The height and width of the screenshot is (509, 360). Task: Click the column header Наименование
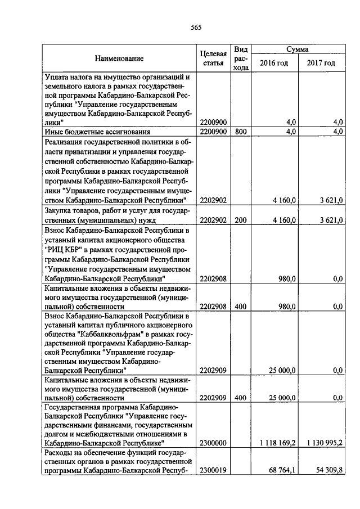point(119,58)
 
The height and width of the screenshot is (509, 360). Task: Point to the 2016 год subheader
point(273,63)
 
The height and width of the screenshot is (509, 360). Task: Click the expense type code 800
point(241,132)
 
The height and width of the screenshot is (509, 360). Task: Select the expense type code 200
point(241,220)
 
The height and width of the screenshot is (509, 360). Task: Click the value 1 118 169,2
point(278,443)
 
